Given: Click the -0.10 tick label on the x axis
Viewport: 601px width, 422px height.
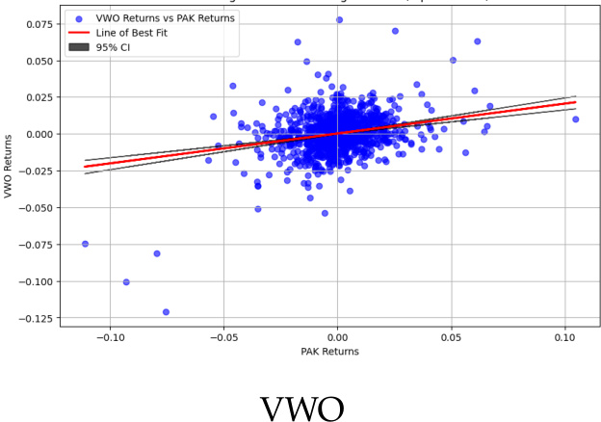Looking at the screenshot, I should point(111,338).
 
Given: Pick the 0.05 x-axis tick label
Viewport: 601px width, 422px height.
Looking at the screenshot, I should point(451,338).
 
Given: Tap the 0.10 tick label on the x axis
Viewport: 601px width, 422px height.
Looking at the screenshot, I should point(565,338).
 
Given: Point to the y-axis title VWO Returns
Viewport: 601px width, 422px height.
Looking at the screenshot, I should point(9,165).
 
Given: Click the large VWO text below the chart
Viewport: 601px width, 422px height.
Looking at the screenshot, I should point(301,409).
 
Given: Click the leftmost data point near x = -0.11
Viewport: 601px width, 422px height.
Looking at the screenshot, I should point(85,244).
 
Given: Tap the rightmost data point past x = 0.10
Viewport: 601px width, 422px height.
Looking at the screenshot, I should point(576,119).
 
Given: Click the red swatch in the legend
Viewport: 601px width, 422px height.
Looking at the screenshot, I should point(78,33).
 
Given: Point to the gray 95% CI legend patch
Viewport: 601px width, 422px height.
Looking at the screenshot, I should point(78,47).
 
